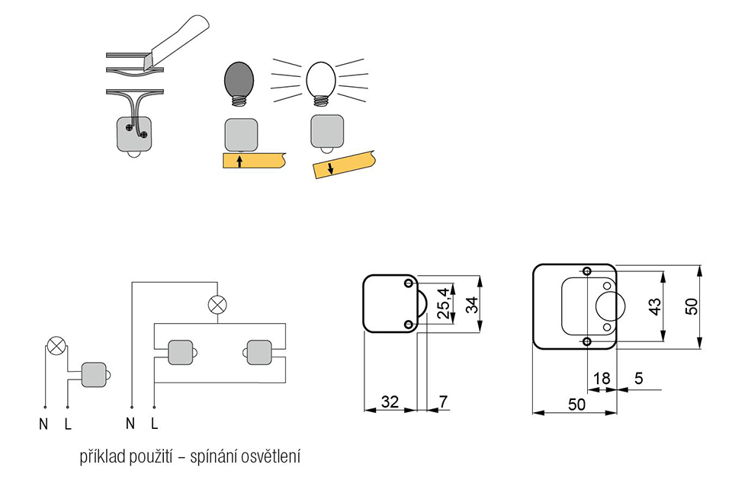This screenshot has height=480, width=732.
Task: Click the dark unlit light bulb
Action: coord(240,84)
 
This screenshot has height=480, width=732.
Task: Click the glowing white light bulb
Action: coord(321,83)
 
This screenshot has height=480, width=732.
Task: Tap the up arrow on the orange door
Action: coord(239,162)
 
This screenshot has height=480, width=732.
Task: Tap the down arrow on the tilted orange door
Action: coord(330,168)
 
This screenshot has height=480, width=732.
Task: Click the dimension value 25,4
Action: coord(444,303)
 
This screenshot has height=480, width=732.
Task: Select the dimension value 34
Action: coord(473,305)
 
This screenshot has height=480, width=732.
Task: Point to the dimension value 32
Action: coord(390,402)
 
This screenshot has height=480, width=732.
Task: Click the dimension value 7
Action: coord(443,402)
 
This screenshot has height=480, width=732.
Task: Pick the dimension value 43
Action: coord(655,306)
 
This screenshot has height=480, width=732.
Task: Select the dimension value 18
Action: coord(602,379)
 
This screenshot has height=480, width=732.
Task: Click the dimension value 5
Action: coord(639,378)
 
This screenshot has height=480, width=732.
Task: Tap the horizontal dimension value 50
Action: coord(576,404)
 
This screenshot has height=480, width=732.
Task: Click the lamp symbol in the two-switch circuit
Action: coord(217,305)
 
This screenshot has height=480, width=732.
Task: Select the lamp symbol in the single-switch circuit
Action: coord(56,346)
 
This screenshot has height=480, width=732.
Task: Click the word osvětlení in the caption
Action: coord(271,456)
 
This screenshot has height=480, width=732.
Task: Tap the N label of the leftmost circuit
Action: coord(43,424)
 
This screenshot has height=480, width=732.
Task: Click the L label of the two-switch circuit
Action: coord(155,423)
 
